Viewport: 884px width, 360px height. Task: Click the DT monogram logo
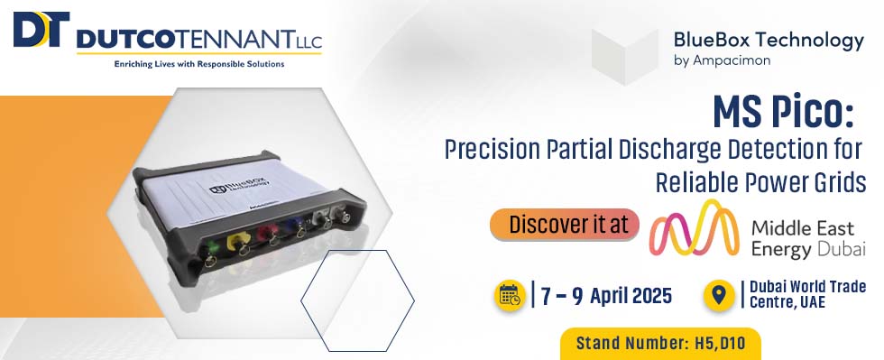tap(41, 30)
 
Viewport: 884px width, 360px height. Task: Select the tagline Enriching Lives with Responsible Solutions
tap(199, 64)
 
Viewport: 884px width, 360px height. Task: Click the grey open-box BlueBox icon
tap(625, 57)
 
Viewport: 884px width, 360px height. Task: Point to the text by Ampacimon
tap(722, 60)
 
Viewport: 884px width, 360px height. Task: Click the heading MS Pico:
tap(783, 112)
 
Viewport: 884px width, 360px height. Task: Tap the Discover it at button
tap(565, 225)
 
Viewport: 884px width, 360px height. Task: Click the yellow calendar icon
tap(510, 295)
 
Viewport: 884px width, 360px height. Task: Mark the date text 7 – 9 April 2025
tap(606, 296)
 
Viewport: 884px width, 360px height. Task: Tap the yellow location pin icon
tap(719, 295)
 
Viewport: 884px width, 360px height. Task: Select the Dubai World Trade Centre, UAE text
tap(807, 294)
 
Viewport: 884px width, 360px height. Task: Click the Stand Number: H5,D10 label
tap(660, 343)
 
